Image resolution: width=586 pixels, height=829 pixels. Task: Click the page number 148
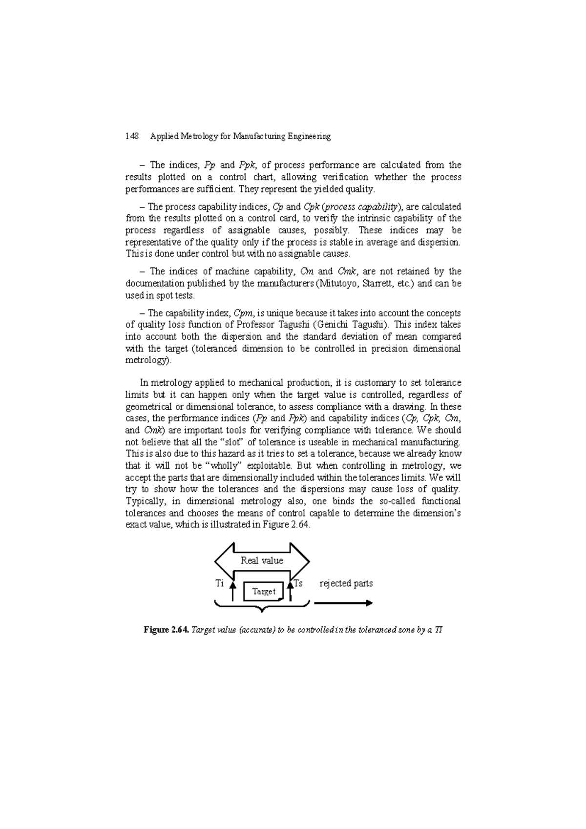pos(132,137)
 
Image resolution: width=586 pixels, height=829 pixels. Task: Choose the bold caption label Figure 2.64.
pos(166,630)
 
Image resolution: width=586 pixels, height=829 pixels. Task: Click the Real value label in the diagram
pos(262,560)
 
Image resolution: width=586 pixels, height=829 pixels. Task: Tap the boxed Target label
pos(264,591)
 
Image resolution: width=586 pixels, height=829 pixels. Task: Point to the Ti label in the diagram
pos(219,583)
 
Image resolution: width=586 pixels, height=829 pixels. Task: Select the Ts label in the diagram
pos(298,583)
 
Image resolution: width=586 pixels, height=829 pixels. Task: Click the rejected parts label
pos(346,583)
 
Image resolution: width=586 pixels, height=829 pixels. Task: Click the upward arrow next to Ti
pos(233,591)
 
